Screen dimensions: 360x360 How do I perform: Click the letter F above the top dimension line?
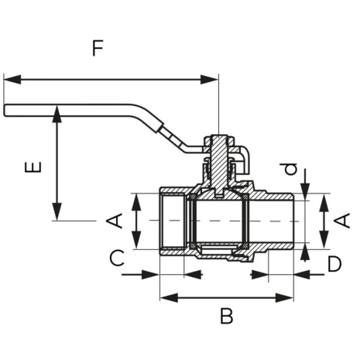(97, 48)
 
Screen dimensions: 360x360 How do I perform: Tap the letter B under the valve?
(226, 316)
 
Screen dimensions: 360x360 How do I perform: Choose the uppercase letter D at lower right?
(334, 263)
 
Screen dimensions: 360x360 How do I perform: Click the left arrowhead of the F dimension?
(9, 78)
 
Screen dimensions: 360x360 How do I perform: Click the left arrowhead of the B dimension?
(165, 297)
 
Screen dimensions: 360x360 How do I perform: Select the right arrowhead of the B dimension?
(292, 297)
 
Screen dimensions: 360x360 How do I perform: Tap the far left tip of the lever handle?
(5, 111)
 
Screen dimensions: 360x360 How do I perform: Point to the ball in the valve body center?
(220, 221)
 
